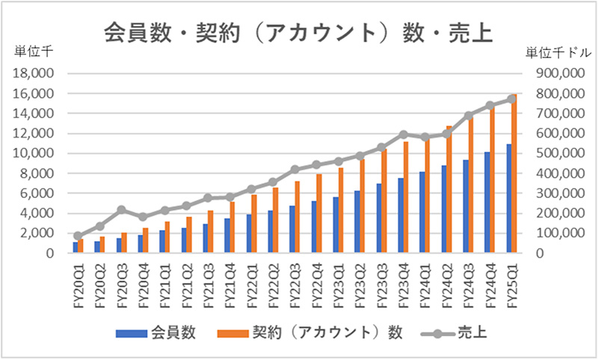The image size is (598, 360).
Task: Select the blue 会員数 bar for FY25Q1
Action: point(509,199)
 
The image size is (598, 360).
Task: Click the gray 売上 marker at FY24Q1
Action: point(425,137)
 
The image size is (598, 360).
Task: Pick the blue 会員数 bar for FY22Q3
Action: point(292,229)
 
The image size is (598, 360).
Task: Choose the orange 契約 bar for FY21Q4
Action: point(232,227)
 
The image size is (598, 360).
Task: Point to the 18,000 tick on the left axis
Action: point(33,74)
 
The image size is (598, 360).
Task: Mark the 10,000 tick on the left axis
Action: point(33,154)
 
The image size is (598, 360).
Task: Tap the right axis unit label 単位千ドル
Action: point(555,52)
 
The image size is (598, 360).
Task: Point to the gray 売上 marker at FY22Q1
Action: point(252,190)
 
